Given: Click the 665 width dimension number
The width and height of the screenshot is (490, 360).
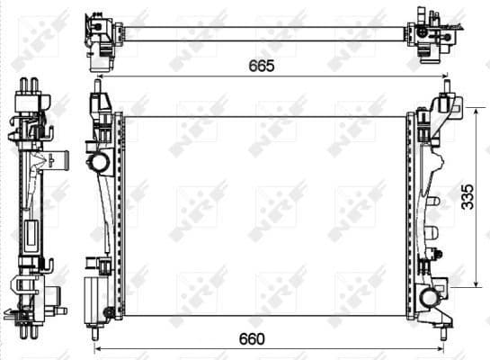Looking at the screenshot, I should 262,67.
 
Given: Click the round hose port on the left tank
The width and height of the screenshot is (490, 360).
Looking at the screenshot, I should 99,163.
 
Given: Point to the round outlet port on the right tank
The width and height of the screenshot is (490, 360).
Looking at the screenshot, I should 427,298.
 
